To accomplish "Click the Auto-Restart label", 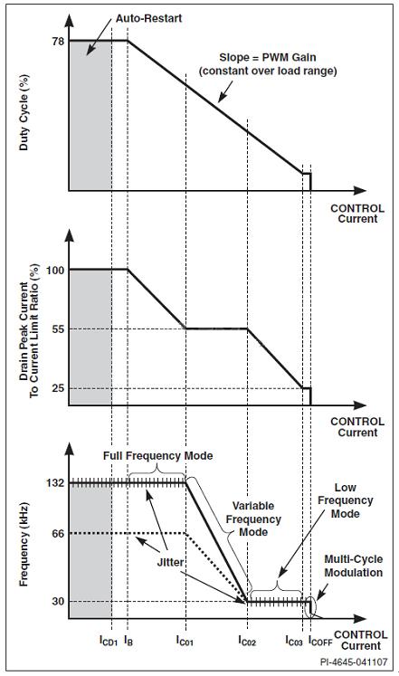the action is tap(148, 18).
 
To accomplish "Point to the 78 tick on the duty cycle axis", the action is tap(58, 42).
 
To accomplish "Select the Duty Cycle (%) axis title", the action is tap(24, 112).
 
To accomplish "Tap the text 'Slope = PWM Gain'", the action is tap(268, 57).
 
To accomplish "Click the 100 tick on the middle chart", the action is tap(55, 270).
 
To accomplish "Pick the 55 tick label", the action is tap(58, 329).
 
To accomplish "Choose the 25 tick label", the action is tap(58, 388).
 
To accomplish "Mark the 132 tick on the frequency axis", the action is tap(55, 482).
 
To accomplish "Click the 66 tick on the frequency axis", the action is tap(58, 534).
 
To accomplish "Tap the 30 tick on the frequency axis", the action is tap(58, 601).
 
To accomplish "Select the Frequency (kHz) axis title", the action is tap(24, 545).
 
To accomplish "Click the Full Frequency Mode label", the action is tap(157, 456).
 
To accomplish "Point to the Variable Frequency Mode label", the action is tap(253, 519).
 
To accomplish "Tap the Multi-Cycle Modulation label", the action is tap(354, 567).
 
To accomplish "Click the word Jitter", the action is tap(170, 563).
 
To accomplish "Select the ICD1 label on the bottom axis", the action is tap(109, 641).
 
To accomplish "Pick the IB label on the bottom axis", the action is tap(128, 641).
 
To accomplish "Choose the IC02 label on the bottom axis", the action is tap(247, 641).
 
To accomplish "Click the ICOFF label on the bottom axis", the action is tap(320, 641).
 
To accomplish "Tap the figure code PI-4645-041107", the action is tap(354, 662).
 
